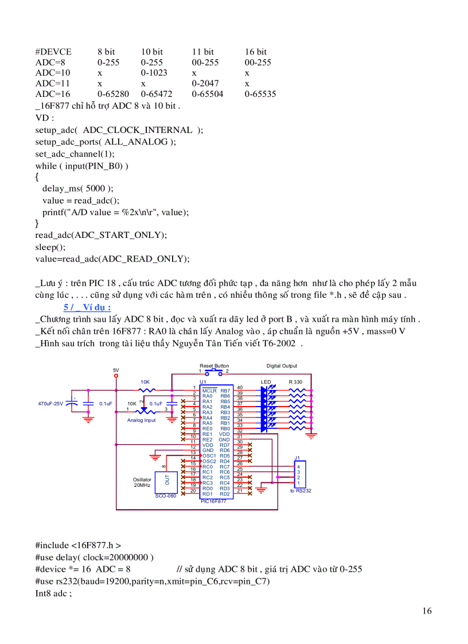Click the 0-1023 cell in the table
coord(154,73)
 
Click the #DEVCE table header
coord(54,52)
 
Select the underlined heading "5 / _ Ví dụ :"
coord(87,307)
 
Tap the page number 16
coord(427,611)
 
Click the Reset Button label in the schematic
coord(214,366)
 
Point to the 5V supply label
coord(116,370)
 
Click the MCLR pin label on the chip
coord(209,391)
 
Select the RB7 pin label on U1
coord(225,391)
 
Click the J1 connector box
coord(299,475)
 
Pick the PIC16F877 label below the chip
coord(213,501)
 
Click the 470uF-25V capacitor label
coord(50,404)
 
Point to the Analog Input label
coord(142,420)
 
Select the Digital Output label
coord(282,366)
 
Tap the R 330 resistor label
coord(295,382)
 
